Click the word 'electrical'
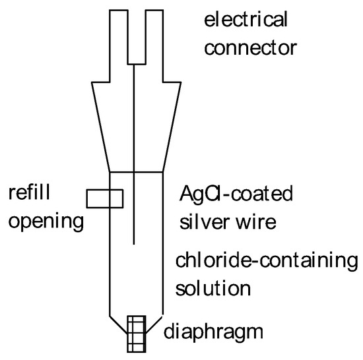pos(246,20)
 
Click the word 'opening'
pos(46,222)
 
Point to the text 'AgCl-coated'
pos(236,195)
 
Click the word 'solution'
pos(213,288)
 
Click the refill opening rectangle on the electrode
pos(104,198)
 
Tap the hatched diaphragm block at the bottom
pos(136,334)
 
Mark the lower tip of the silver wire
pos(135,245)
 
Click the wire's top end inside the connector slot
pos(135,65)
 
